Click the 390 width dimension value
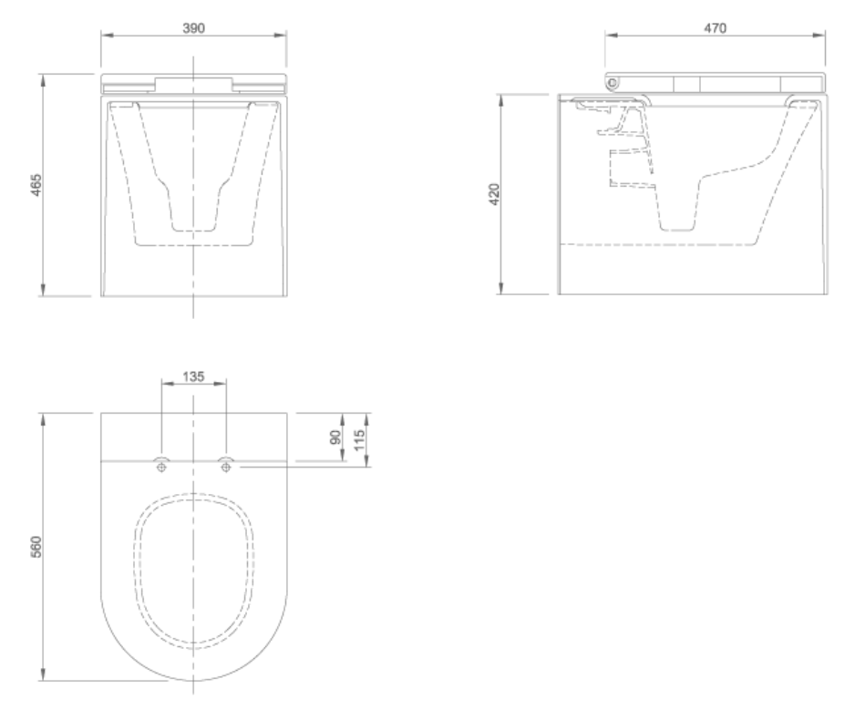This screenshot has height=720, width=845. coord(193,27)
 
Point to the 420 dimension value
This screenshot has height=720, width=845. coord(493,194)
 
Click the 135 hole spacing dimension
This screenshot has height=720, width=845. coord(193,375)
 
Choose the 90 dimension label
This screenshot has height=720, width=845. coord(335,437)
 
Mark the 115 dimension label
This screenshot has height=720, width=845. coord(359,438)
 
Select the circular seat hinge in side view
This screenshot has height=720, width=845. coord(613,83)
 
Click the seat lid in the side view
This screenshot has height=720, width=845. coord(720,82)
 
